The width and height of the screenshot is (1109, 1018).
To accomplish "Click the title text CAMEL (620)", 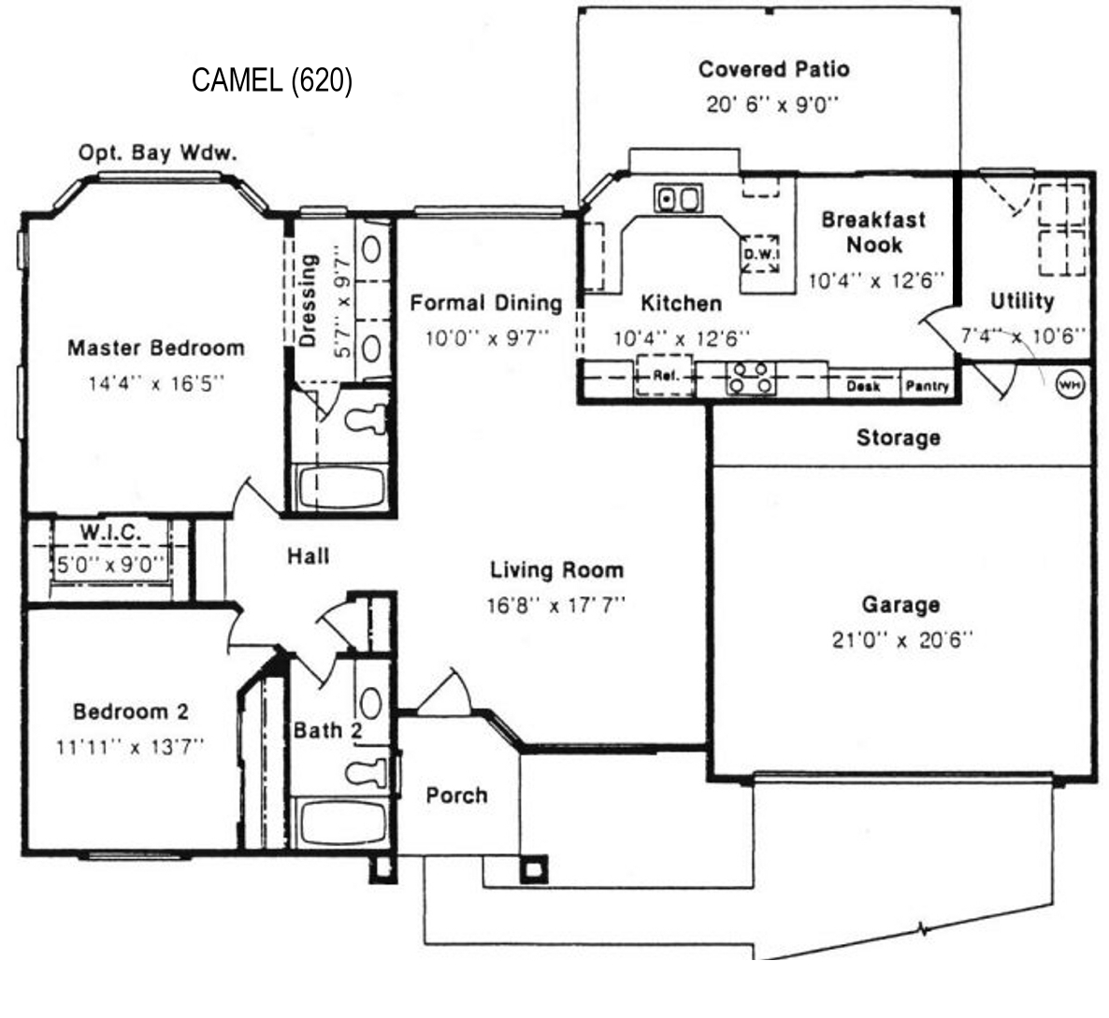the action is [x=271, y=79].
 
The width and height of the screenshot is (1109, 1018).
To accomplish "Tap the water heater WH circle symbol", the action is [x=1069, y=384].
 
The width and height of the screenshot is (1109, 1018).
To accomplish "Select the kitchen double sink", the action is [x=678, y=199].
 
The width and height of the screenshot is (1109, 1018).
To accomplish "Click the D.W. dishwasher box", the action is [x=760, y=253].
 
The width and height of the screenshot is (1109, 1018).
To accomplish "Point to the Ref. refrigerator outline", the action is [x=664, y=376].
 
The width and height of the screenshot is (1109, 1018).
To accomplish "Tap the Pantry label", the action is [x=927, y=386].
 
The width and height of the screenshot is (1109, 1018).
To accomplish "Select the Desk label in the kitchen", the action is [x=864, y=386].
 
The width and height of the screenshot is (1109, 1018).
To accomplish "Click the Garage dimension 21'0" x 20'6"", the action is [x=901, y=640].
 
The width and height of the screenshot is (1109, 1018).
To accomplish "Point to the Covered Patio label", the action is [x=773, y=69].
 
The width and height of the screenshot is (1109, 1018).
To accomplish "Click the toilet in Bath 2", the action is [x=367, y=771].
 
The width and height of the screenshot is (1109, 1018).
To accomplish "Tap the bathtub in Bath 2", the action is [x=341, y=823].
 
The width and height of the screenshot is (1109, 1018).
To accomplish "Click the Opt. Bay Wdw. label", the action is [x=157, y=152].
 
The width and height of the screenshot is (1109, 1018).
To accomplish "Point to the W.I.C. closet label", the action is [x=110, y=532].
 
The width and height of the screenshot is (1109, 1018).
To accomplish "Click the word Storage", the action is [x=899, y=438].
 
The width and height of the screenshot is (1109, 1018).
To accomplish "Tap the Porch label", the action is [x=456, y=796].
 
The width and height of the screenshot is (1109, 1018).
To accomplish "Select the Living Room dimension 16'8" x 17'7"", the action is [x=556, y=606].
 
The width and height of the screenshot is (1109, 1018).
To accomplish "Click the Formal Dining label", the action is [x=486, y=303].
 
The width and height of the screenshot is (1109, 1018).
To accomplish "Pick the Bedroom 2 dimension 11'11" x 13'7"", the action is [x=130, y=747].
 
